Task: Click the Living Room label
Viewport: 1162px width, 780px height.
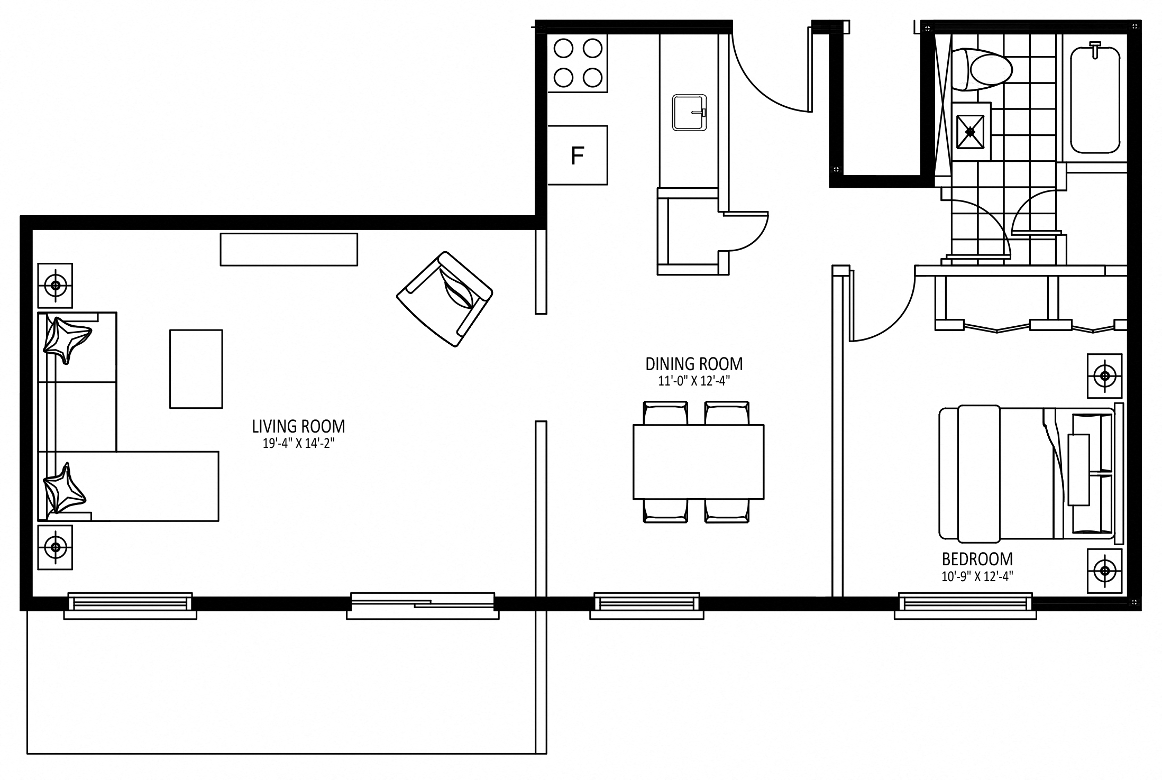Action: pos(298,426)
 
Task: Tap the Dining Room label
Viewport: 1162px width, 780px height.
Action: pos(694,364)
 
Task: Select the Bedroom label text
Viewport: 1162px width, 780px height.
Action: pos(977,559)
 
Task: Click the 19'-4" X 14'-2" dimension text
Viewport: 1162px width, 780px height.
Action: pos(298,444)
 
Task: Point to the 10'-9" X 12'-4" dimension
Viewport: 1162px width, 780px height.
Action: pos(977,576)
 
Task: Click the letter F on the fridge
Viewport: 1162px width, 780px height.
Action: pos(577,156)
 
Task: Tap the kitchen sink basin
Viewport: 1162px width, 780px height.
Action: pos(689,112)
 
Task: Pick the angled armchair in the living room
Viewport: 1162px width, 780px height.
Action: pos(445,299)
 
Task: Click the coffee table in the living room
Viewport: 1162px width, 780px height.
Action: pos(196,369)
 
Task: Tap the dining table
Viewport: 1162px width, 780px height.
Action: pos(698,462)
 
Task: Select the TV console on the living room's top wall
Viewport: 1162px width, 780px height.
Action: pos(289,249)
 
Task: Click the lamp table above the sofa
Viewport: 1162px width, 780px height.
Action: pos(55,286)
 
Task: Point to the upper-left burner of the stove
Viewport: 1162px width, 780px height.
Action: pos(564,49)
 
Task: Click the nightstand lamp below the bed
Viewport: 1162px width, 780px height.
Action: pos(1104,571)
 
